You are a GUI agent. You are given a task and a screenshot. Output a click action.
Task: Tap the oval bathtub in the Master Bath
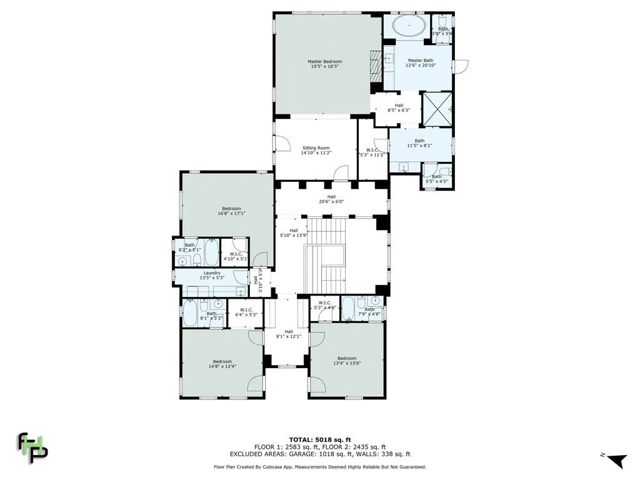click(x=409, y=26)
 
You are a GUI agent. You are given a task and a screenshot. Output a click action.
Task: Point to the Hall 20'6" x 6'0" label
click(x=331, y=199)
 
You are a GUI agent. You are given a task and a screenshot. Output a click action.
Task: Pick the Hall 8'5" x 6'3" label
click(x=399, y=107)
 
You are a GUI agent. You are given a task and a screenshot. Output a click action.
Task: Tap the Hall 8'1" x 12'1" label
click(x=289, y=334)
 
